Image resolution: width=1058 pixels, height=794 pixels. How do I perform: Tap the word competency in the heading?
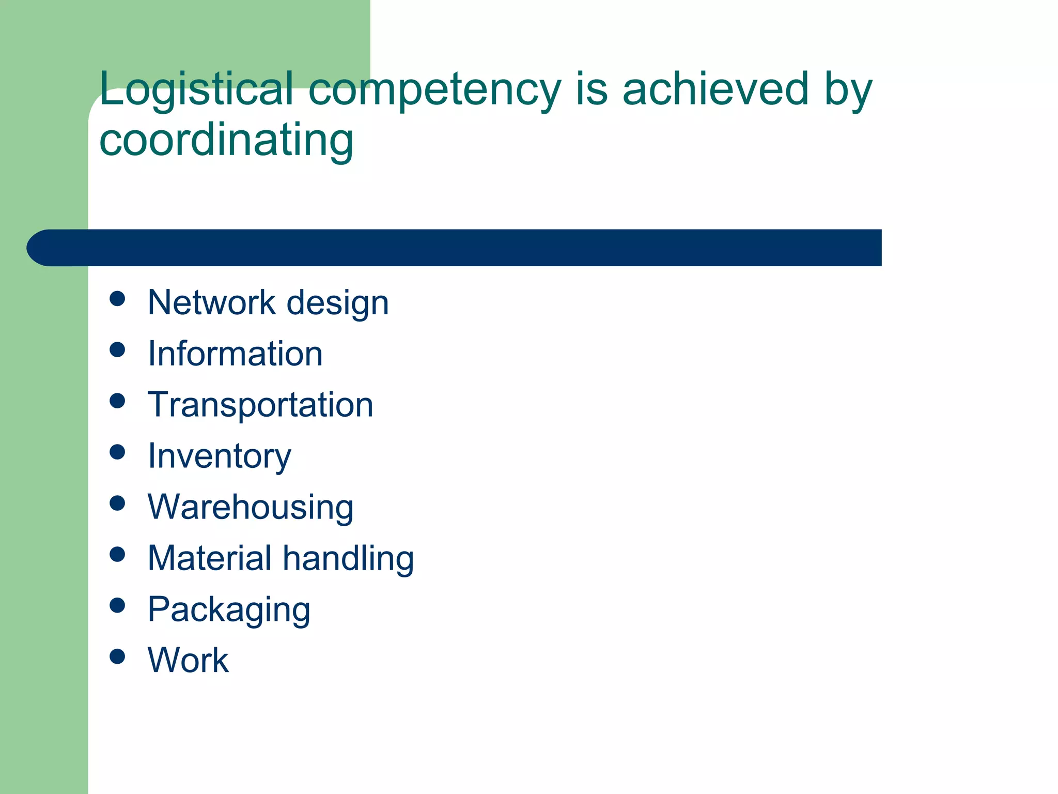tap(434, 90)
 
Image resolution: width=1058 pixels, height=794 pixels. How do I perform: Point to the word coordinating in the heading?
tap(226, 141)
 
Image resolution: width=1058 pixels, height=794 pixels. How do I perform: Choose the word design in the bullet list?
tap(337, 304)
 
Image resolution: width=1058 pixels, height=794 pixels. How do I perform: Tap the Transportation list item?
tap(260, 405)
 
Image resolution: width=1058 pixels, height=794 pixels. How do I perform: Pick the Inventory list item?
tap(220, 457)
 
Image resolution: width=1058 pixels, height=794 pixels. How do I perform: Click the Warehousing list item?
tap(251, 508)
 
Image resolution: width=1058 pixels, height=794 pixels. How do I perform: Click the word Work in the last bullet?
tap(188, 660)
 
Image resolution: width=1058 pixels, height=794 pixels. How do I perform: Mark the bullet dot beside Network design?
tap(118, 299)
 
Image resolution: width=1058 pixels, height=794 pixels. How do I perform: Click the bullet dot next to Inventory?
tap(118, 452)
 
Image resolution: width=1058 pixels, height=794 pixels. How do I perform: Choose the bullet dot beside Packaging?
tap(118, 605)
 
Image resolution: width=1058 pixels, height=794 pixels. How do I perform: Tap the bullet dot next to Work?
tap(118, 656)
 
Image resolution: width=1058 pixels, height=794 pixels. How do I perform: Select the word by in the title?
tap(848, 90)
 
